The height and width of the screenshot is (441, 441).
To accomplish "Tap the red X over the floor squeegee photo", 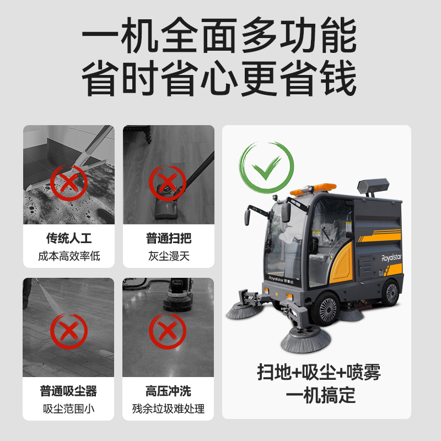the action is (69, 183).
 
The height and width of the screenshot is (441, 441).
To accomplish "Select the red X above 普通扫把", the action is (168, 183).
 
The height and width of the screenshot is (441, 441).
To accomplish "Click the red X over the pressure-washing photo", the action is (69, 331).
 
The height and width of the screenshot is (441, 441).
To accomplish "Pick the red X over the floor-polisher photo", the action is (168, 331).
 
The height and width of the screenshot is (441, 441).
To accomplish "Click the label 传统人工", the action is (69, 238).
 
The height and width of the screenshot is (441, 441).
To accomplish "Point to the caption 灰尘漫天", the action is (169, 256).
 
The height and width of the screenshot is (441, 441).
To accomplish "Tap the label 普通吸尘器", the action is (68, 391).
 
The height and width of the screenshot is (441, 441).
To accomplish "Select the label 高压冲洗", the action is (168, 391).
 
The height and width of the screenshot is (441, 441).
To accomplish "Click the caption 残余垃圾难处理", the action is (168, 408).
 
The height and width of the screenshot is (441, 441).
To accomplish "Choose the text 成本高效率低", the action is (69, 256).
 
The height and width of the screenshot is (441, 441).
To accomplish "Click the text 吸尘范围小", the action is (68, 408).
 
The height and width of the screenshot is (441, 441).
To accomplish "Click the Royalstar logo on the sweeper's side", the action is (391, 257).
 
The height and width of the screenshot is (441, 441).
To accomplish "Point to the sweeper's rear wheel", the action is (391, 293).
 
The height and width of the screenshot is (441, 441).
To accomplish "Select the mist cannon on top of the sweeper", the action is (373, 186).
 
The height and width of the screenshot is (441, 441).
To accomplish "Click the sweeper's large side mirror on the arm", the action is (286, 212).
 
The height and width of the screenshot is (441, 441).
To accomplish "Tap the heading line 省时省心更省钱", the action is (219, 78).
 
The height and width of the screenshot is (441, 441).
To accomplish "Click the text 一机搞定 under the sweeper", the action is (321, 395).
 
